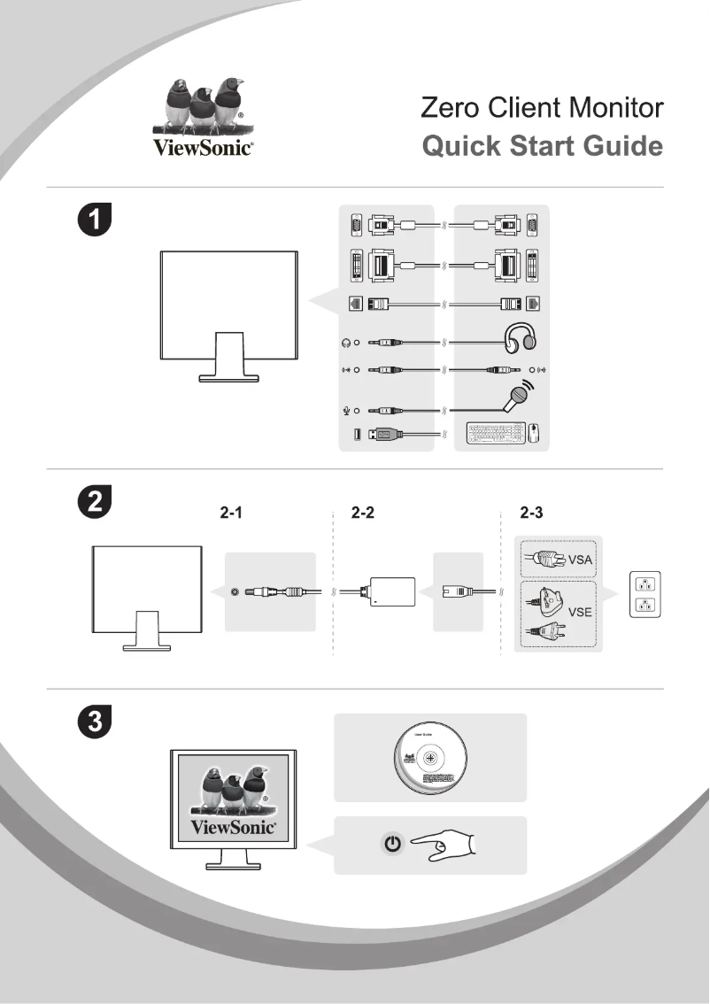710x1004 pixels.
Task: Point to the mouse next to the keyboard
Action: pos(534,434)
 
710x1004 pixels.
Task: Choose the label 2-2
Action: pos(363,514)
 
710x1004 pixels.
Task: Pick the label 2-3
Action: pos(533,514)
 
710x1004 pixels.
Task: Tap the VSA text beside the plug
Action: pos(580,560)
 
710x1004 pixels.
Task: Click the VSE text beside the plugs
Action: pos(580,612)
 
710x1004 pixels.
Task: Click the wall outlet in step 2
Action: pos(645,595)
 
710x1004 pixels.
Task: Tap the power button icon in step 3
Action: pos(393,846)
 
